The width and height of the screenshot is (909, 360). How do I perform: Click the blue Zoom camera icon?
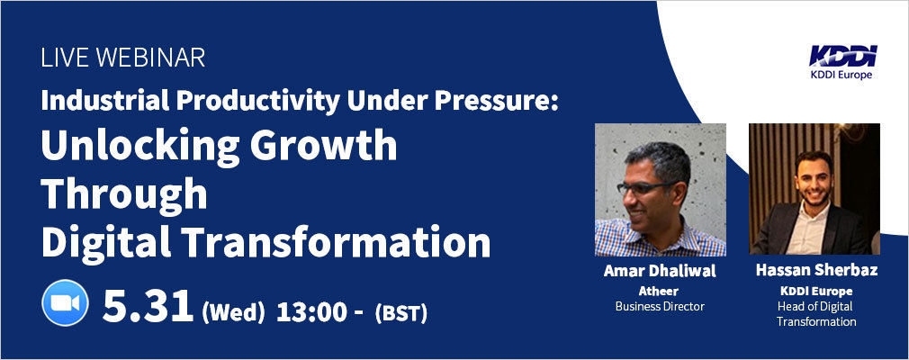click(x=65, y=302)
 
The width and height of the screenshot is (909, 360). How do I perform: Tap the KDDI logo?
click(x=843, y=56)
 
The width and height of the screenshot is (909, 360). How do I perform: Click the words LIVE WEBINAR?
click(x=123, y=58)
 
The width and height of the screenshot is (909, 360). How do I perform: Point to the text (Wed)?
click(x=234, y=313)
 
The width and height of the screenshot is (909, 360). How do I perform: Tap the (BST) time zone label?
click(x=401, y=313)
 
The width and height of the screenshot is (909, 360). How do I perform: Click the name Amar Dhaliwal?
click(x=660, y=271)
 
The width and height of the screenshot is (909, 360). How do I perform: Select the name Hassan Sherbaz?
click(x=816, y=270)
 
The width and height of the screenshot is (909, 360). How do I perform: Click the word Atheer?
click(x=658, y=291)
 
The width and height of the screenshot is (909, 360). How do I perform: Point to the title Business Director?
click(x=660, y=306)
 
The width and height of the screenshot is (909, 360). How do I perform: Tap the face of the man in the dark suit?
click(x=814, y=178)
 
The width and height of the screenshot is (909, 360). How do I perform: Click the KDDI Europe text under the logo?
click(x=843, y=74)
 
